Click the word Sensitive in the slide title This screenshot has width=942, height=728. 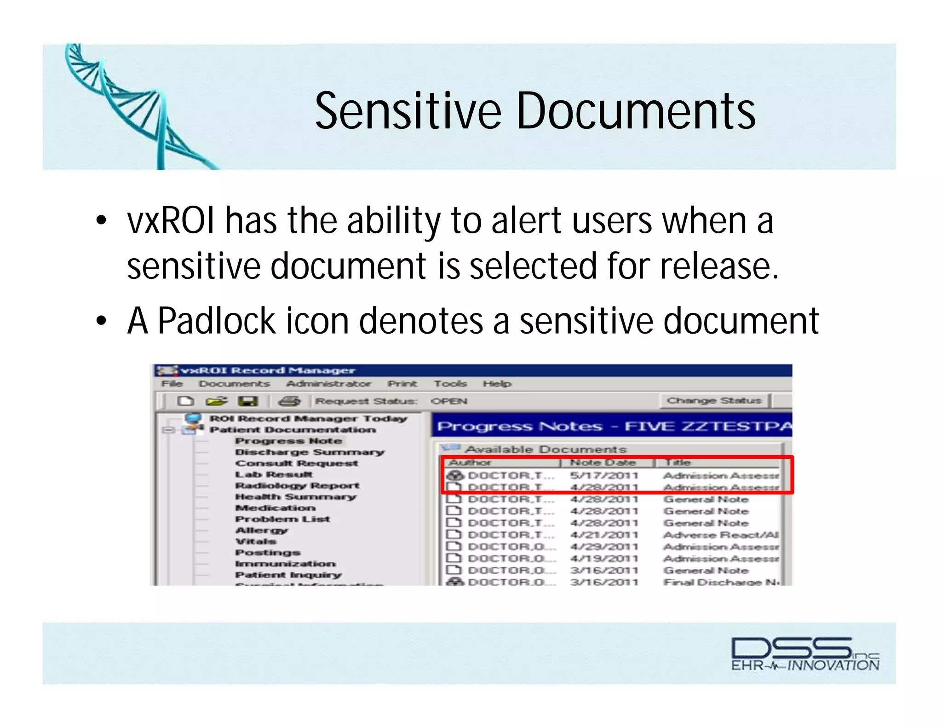click(x=408, y=111)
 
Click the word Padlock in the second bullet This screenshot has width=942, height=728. click(x=216, y=321)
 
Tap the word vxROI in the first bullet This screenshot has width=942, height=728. click(x=171, y=221)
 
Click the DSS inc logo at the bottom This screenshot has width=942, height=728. click(x=805, y=653)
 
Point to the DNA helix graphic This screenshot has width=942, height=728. click(x=133, y=106)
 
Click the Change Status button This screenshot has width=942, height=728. click(x=714, y=400)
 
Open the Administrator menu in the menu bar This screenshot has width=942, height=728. click(x=328, y=383)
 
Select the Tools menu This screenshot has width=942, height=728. click(x=450, y=383)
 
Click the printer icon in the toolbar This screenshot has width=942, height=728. click(x=289, y=401)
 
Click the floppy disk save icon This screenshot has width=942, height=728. click(x=248, y=401)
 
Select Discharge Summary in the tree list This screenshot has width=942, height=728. click(x=310, y=452)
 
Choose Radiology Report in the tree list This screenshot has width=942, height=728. click(x=297, y=485)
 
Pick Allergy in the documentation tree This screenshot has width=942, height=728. click(x=261, y=530)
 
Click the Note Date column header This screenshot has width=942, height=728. click(x=603, y=462)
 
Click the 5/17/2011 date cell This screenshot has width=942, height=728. click(x=604, y=475)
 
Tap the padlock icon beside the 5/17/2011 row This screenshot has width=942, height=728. click(x=455, y=475)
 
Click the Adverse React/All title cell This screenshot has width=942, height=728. click(x=720, y=535)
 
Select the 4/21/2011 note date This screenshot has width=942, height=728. click(x=604, y=535)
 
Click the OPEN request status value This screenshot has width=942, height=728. click(x=448, y=401)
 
